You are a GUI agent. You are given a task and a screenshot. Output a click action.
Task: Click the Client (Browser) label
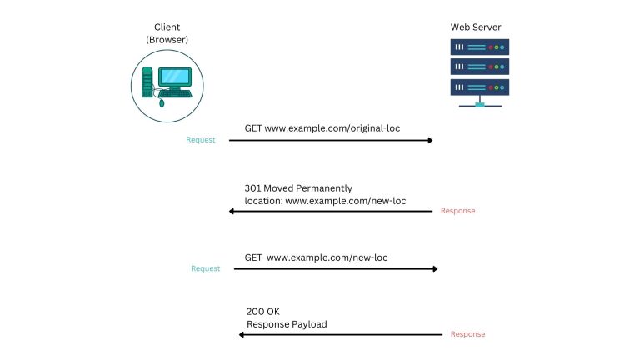pyautogui.click(x=167, y=33)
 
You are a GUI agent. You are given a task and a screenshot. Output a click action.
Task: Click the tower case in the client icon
pyautogui.click(x=147, y=82)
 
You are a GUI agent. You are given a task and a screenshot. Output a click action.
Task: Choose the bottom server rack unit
pyautogui.click(x=478, y=86)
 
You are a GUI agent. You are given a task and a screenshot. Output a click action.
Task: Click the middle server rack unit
pyautogui.click(x=478, y=66)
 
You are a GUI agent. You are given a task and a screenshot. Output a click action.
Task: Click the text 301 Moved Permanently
pyautogui.click(x=298, y=188)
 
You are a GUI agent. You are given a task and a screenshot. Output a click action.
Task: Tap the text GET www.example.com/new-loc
pyautogui.click(x=316, y=257)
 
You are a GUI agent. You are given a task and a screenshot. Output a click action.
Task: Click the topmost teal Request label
pyautogui.click(x=200, y=140)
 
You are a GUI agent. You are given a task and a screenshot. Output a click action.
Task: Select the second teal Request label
pyautogui.click(x=205, y=268)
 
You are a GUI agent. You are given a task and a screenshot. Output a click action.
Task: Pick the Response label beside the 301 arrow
pyautogui.click(x=457, y=211)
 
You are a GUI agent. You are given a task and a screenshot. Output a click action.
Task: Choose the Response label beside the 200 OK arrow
pyautogui.click(x=467, y=334)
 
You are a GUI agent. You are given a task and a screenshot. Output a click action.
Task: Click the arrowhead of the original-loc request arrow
pyautogui.click(x=430, y=140)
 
